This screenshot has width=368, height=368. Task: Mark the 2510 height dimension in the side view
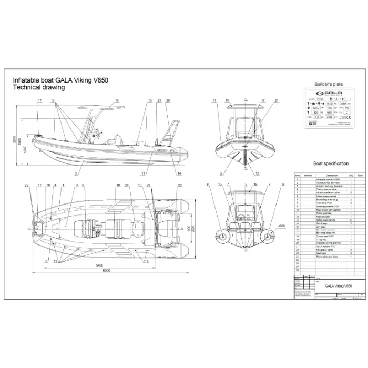tap(14, 138)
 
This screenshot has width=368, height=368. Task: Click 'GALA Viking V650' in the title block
tap(339, 286)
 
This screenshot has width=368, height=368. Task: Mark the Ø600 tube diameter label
tap(281, 226)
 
